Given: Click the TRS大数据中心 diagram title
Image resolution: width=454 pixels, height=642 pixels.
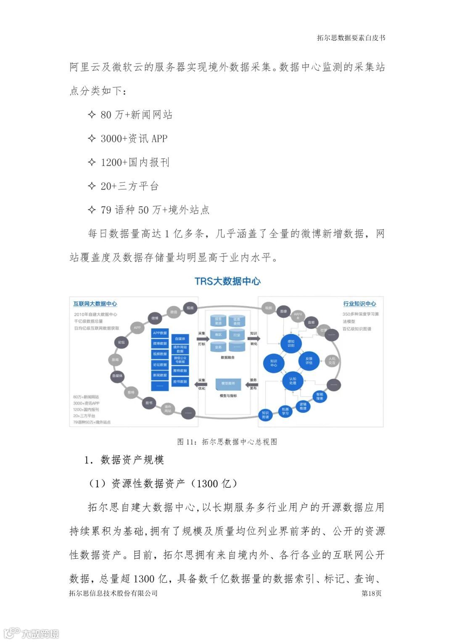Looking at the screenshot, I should pos(227,281).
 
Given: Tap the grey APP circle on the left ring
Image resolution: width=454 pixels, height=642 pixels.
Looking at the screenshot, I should pos(137,328).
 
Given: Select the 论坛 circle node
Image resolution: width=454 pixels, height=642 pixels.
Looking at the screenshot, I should pos(121,342).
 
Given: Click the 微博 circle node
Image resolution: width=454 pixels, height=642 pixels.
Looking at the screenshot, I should pos(155,318).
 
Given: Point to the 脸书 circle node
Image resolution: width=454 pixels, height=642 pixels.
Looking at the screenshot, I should pos(149,403).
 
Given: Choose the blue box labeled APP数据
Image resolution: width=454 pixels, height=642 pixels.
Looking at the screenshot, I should pos(160,333).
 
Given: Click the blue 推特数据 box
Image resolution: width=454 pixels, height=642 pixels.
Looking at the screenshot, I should pos(180,371).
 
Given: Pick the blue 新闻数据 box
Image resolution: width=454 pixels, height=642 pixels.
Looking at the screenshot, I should pos(160,375).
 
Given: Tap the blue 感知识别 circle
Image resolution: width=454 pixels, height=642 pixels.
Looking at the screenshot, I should pos(291,343).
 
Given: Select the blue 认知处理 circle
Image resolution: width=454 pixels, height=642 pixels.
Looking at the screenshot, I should pos(293,380).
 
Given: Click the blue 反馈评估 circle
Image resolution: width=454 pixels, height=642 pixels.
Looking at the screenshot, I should pos(309,360).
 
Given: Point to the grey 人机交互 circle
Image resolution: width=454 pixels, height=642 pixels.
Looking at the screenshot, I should pos(332,361).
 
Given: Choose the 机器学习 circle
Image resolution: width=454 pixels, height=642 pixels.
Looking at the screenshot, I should pos(285,411).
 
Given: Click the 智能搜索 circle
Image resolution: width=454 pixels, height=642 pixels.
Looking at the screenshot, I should pos(319,396).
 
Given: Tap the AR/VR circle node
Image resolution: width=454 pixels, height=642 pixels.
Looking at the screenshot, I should pos(298,316).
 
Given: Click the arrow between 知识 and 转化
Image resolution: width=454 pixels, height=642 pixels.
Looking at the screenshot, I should pos(254,338).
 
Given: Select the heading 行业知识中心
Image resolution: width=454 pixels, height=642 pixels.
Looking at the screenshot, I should pos(359,304).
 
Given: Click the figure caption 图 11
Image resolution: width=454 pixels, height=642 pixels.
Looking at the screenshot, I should pos(227,441).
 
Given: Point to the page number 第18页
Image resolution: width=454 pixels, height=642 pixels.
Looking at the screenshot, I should pos(371,593).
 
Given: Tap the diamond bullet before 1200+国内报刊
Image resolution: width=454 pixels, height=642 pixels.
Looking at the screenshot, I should pos(92,162).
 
